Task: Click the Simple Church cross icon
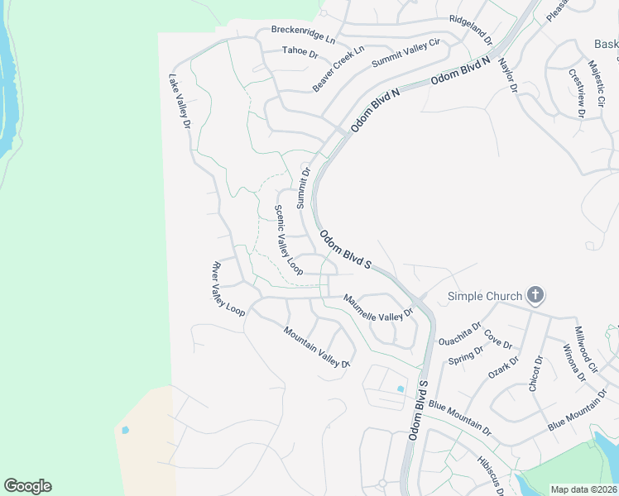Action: point(535,295)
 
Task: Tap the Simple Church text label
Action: point(485,296)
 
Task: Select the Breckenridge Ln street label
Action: point(304,34)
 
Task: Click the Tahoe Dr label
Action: point(300,51)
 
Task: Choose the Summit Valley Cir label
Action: point(406,53)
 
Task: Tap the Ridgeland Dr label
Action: point(470,30)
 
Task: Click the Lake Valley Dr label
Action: point(180,102)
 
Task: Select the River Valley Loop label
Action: point(228,289)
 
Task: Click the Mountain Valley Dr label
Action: point(318,346)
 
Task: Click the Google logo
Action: point(27,486)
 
